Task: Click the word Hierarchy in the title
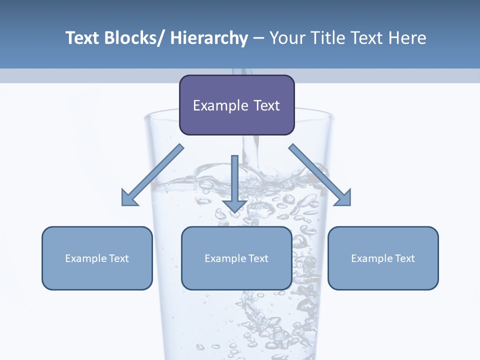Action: [208, 38]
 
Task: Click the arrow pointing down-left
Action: [152, 175]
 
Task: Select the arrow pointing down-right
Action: [320, 175]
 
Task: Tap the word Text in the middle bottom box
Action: [258, 258]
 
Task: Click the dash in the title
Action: [258, 38]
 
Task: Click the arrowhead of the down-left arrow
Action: [129, 198]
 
